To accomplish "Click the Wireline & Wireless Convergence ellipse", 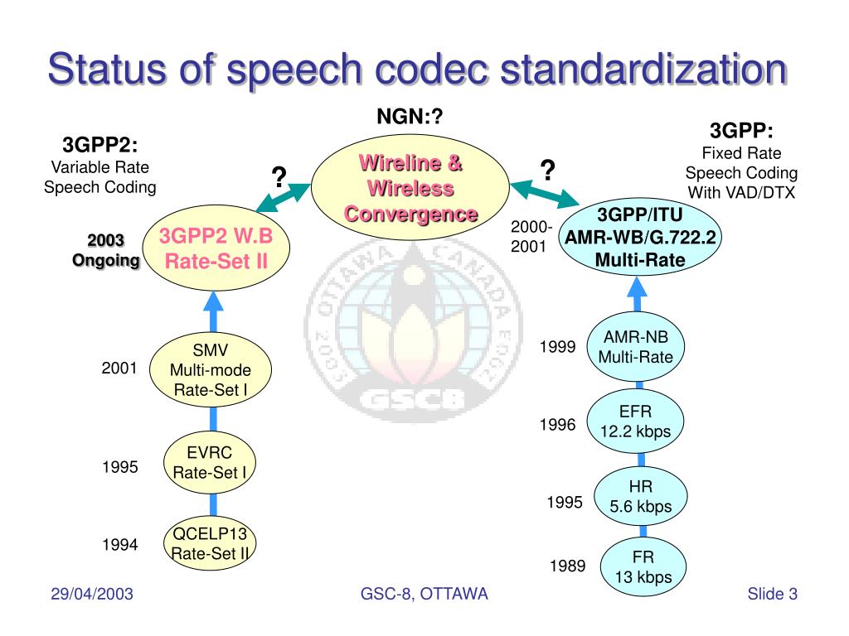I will (x=410, y=188).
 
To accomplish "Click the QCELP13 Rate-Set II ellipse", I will (x=211, y=542).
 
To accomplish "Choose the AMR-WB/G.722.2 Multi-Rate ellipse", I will (x=640, y=238).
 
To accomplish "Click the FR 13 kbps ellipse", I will (x=638, y=567).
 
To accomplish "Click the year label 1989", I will (x=568, y=567).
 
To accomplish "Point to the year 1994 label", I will (x=119, y=545).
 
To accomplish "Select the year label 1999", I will (x=557, y=347).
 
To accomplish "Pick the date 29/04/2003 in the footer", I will (x=92, y=594).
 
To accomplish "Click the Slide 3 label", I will (x=772, y=594).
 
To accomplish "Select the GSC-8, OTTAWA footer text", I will (x=424, y=594).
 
